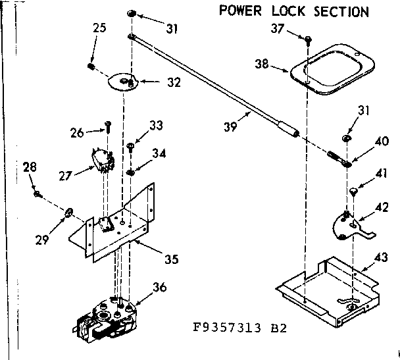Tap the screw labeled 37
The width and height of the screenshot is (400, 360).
pos(308,41)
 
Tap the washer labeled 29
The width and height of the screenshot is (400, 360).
pos(68,211)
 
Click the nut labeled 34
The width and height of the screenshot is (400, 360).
pos(132,172)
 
